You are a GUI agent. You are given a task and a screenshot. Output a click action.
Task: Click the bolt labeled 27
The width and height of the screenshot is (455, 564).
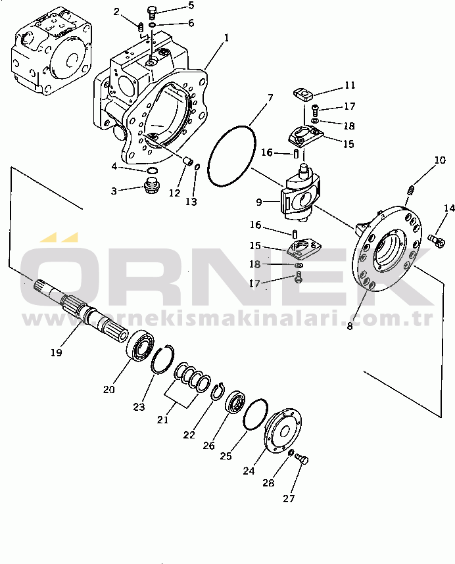(x=302, y=459)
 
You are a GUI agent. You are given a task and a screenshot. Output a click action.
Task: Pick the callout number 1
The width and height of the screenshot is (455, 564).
(x=227, y=37)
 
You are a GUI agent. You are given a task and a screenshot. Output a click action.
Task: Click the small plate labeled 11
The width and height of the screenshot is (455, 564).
(x=304, y=95)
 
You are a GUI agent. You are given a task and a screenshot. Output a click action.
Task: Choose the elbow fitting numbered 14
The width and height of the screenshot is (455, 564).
(x=436, y=239)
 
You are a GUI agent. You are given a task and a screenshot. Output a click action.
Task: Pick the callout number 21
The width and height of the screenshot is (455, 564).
(x=162, y=420)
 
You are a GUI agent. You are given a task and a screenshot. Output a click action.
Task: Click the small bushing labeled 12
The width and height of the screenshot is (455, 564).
(x=187, y=162)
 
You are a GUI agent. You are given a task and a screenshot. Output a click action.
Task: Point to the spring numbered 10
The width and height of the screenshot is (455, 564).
(x=411, y=189)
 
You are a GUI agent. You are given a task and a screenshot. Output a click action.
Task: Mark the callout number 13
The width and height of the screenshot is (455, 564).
(x=191, y=202)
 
